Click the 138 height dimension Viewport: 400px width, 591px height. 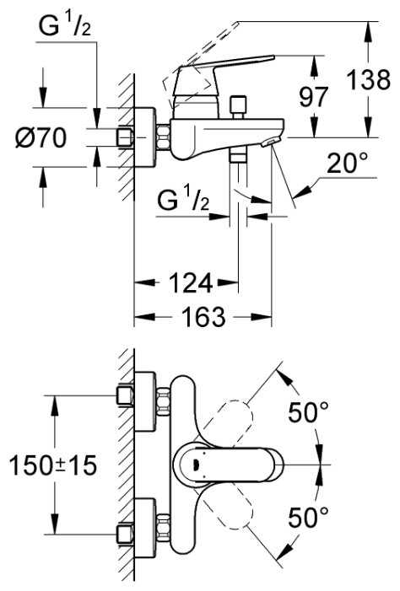coord(368,80)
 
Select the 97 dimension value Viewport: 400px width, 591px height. coord(314,97)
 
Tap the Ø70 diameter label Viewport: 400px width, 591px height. coord(41,137)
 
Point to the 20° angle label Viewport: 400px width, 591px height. coord(347,163)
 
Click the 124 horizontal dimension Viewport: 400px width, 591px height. coord(191,283)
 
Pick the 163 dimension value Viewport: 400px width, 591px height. coord(203,317)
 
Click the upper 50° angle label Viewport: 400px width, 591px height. coord(308,412)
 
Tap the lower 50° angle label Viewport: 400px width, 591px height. coord(308,517)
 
